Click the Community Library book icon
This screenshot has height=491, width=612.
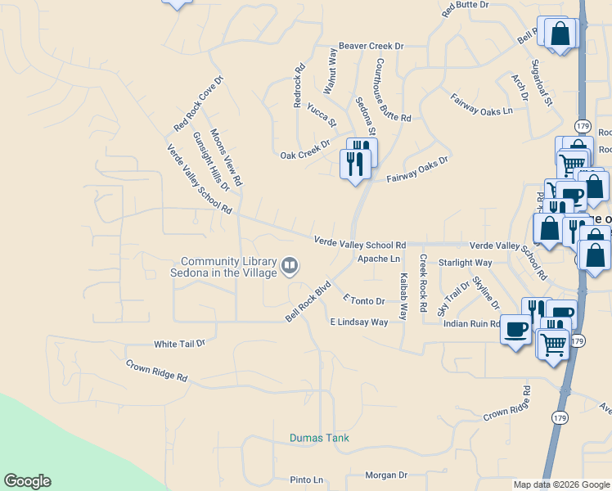(290, 265)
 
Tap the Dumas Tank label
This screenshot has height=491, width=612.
(319, 438)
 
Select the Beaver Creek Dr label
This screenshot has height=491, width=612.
(371, 47)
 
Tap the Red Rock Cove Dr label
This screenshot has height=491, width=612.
(198, 104)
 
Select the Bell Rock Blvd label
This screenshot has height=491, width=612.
(308, 301)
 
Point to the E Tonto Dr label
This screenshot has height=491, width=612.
(363, 301)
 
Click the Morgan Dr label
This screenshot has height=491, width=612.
(385, 475)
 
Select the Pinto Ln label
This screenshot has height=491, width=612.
(307, 480)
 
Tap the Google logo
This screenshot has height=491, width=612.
(27, 481)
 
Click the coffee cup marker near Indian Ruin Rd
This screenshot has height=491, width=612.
(515, 329)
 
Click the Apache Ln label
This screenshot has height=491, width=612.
(378, 259)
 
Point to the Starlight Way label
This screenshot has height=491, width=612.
(465, 263)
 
